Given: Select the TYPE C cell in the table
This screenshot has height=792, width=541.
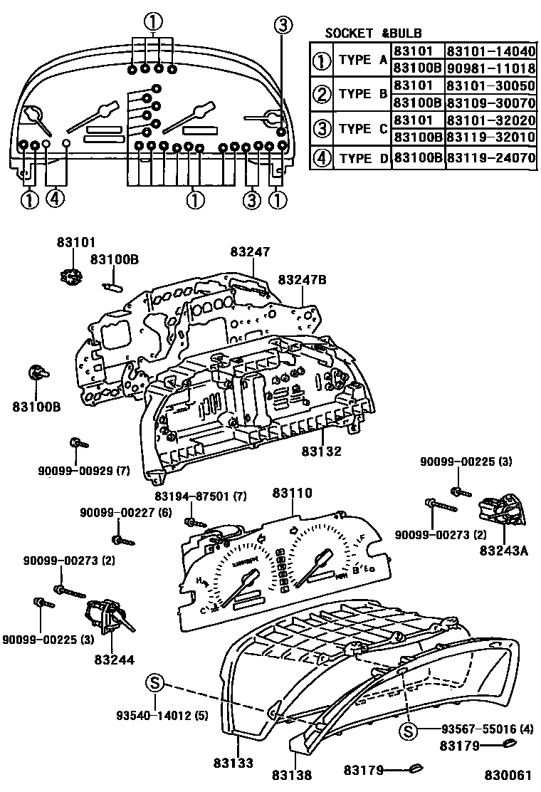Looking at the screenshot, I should click(362, 129).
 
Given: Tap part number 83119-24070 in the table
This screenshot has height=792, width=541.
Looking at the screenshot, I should click(490, 157).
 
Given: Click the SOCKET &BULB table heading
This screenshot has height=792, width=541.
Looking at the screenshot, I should click(373, 33).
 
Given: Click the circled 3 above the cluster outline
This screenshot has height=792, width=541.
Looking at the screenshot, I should click(283, 26).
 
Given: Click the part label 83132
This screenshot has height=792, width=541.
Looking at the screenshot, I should click(321, 451).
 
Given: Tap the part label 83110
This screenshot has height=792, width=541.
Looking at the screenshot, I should click(292, 492).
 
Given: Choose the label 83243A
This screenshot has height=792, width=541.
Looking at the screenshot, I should click(504, 550).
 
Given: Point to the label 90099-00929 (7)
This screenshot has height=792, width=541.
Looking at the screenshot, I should click(84, 470).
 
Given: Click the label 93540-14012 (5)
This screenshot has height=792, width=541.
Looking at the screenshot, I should click(162, 714).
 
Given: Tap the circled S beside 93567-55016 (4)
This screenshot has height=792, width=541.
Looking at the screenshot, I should click(408, 730).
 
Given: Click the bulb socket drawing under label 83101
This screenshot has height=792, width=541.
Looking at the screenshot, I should click(68, 272).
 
